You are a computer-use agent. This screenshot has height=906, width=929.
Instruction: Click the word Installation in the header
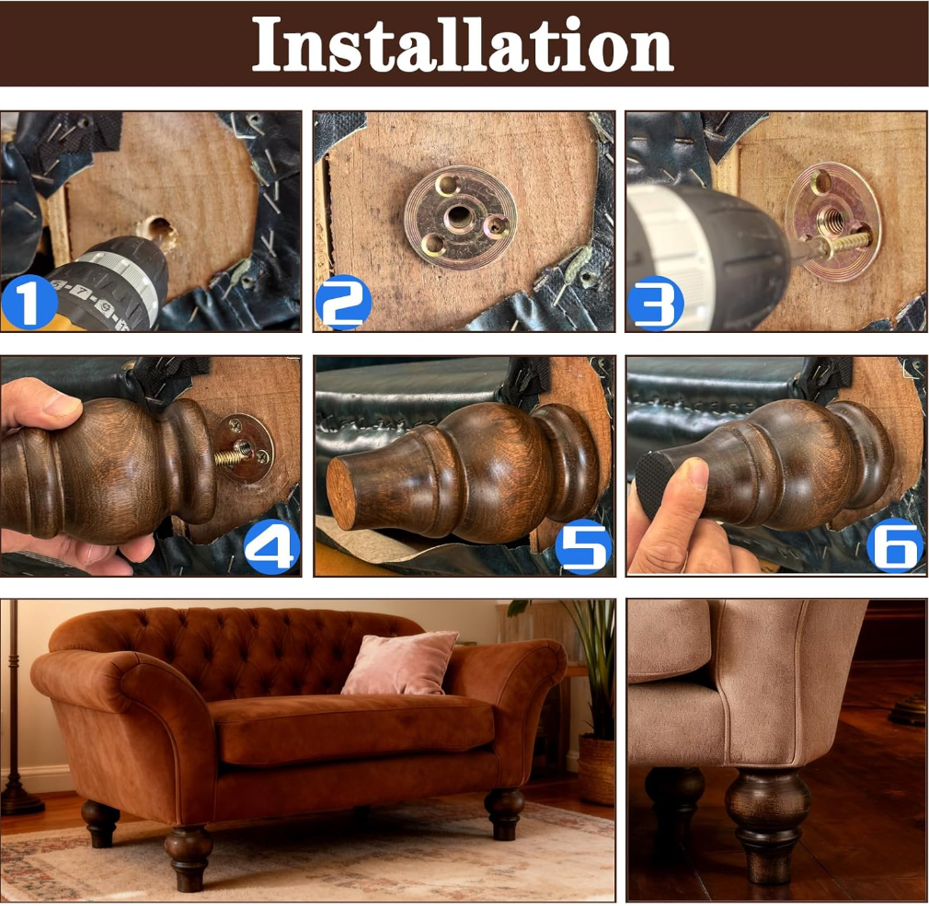[x=463, y=43]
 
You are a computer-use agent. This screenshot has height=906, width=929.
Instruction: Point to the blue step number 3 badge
[x=655, y=303]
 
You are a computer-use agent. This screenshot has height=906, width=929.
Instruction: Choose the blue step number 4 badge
[x=272, y=545]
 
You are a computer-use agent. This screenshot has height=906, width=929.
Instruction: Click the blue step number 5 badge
[x=583, y=546]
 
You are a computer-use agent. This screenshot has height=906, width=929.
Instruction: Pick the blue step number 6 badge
[x=895, y=545]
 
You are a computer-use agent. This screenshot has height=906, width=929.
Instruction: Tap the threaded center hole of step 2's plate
[x=459, y=217]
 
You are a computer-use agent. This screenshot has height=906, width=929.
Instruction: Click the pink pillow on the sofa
[x=400, y=663]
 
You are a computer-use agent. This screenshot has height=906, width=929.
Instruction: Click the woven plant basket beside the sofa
[x=596, y=770]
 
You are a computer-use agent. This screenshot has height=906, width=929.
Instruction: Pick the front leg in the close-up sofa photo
[x=767, y=824]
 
